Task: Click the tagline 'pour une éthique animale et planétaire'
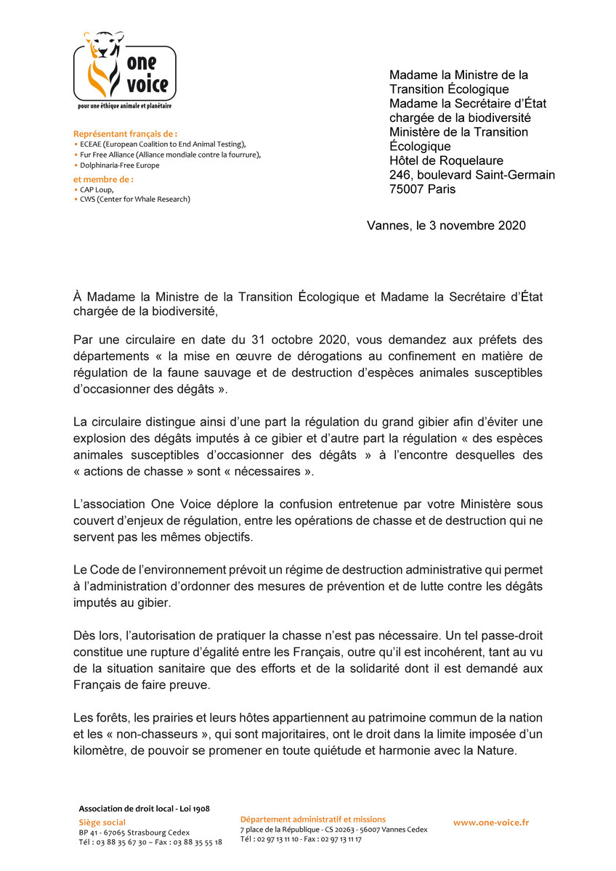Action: [x=125, y=106]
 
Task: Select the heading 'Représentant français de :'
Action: [x=126, y=134]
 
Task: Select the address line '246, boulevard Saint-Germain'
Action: [x=472, y=175]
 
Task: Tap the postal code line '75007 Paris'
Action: [x=423, y=189]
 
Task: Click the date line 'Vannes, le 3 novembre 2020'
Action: [x=446, y=226]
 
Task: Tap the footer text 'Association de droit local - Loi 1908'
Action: [x=144, y=809]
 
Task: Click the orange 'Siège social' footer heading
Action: [x=102, y=822]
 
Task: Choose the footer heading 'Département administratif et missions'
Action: [x=313, y=819]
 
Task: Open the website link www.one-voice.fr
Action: [x=491, y=822]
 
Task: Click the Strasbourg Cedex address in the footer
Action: [x=134, y=832]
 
